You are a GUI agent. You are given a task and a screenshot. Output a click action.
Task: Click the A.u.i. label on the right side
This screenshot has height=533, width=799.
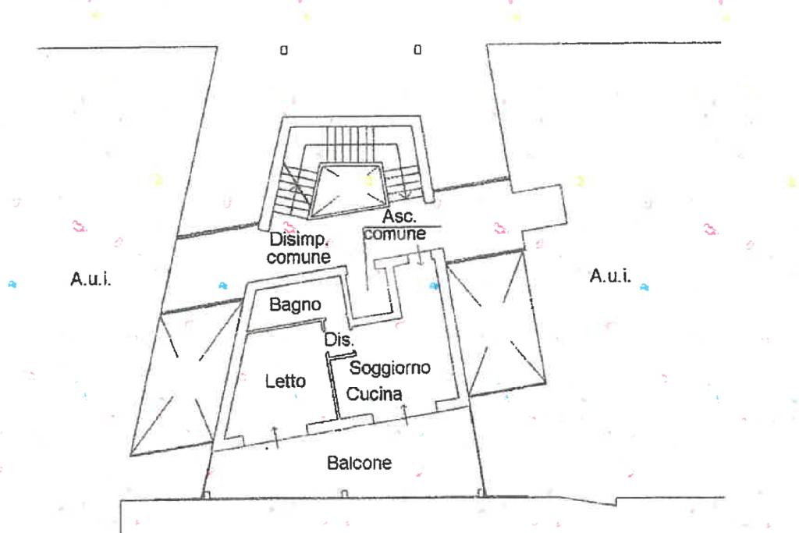[x=611, y=275]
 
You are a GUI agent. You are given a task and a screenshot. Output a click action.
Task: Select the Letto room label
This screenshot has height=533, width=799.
[x=286, y=381]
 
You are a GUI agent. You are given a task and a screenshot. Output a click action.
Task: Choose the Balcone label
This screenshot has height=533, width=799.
[x=359, y=463]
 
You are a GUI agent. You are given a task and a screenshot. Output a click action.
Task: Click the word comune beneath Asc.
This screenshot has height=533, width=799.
[x=394, y=233]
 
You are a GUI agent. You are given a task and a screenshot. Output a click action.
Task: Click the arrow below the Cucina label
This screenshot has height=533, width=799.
[x=403, y=413]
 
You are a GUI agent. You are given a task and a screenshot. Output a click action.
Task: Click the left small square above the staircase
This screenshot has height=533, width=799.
[x=284, y=50]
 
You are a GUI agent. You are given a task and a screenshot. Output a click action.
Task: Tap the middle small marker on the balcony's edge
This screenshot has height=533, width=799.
[x=344, y=492]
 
